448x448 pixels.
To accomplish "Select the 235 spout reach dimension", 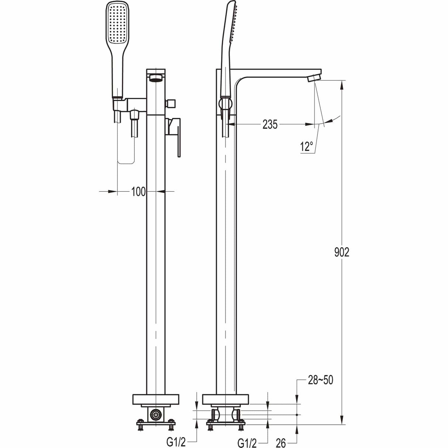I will pyautogui.click(x=270, y=125).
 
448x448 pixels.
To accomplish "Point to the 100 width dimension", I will pyautogui.click(x=138, y=191).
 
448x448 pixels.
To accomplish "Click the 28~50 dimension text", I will pyautogui.click(x=320, y=380).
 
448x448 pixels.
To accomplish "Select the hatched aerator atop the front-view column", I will pyautogui.click(x=156, y=78).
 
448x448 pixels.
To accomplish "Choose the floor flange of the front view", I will pyautogui.click(x=155, y=400).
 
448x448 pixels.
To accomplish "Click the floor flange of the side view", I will pyautogui.click(x=226, y=400).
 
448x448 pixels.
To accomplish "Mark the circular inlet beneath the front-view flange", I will pyautogui.click(x=155, y=415).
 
